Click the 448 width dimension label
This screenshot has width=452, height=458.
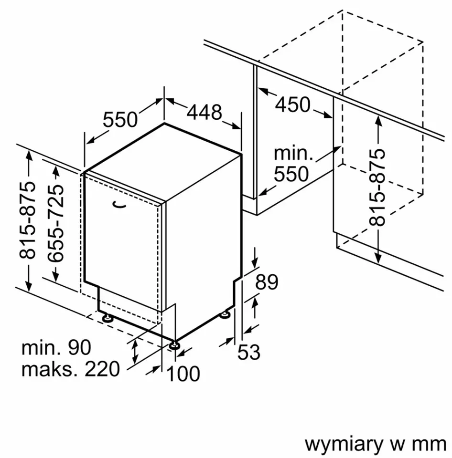tap(204, 112)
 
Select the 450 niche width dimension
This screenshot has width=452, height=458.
tap(293, 104)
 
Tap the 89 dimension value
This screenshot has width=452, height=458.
tap(266, 282)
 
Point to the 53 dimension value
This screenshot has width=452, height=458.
tap(249, 353)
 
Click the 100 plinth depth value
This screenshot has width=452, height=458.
tap(183, 374)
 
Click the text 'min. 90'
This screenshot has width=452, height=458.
tap(56, 348)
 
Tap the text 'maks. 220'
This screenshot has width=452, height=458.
tap(70, 369)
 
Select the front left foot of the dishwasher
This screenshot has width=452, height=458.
tap(106, 317)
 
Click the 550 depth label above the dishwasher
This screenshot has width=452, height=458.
tap(120, 119)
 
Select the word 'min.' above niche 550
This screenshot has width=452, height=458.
tap(293, 153)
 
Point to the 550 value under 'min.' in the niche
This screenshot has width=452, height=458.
tap(291, 174)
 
